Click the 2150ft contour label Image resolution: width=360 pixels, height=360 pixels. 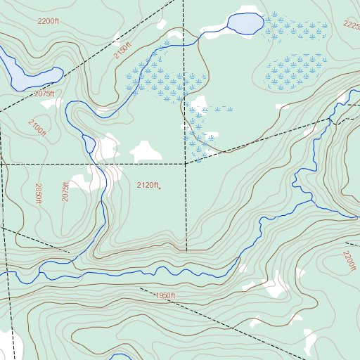coord(122,51)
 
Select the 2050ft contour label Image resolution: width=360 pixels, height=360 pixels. coord(39,193)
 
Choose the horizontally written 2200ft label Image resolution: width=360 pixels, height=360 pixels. coord(49,22)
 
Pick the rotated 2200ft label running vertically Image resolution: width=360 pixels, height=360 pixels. coord(349,262)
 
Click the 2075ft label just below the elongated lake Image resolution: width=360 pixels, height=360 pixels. coord(44,94)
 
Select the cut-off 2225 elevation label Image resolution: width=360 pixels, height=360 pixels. coord(351,25)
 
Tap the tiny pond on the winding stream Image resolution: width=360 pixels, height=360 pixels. coord(90,144)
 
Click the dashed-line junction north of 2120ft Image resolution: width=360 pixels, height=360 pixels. coord(186,163)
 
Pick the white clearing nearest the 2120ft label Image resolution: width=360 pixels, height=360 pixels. coord(146,150)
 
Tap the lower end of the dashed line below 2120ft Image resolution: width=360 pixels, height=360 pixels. coord(186,250)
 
